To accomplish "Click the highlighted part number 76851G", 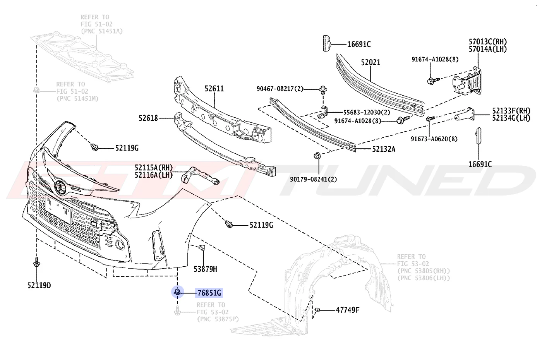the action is [209, 293].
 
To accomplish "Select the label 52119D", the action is [39, 286].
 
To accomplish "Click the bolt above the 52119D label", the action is [36, 262].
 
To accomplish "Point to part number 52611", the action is [214, 89].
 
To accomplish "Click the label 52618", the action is [148, 118].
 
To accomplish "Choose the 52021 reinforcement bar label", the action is [371, 62].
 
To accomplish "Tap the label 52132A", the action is [384, 149].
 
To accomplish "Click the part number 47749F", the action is [348, 310].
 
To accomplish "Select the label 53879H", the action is [206, 269].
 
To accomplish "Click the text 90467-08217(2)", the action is [280, 89].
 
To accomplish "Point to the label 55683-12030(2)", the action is [367, 113].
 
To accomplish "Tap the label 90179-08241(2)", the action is [314, 179].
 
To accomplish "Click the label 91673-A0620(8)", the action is [434, 139].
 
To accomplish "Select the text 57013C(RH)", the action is [488, 42].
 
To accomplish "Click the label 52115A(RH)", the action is [154, 167].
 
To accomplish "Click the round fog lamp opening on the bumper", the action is [119, 245].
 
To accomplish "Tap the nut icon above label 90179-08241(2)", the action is [317, 156].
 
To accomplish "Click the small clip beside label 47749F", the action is [317, 310].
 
